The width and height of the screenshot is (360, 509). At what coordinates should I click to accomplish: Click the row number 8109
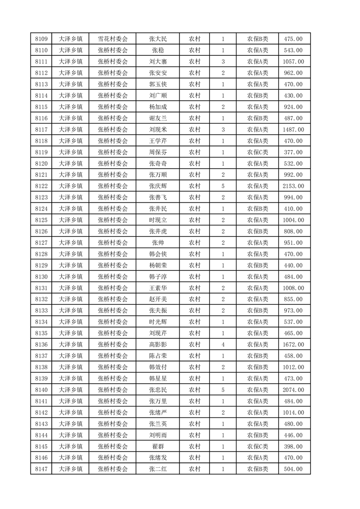(41, 39)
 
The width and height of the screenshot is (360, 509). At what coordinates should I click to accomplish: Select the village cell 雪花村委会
(113, 39)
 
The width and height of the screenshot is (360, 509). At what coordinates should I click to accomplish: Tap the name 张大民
(158, 39)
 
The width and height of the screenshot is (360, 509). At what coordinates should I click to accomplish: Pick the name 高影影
(158, 345)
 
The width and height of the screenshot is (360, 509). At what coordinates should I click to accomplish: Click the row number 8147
(41, 469)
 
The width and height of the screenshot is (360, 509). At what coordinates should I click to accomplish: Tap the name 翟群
(158, 446)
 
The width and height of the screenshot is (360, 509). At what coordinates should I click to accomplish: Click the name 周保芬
(158, 152)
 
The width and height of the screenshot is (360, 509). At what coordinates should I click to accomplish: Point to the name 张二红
(158, 469)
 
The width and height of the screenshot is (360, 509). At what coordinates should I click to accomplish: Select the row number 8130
(41, 277)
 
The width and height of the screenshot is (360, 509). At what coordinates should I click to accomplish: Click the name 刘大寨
(158, 62)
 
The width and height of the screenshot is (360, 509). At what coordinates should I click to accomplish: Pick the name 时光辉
(158, 322)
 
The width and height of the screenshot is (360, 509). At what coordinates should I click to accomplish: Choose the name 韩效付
(158, 367)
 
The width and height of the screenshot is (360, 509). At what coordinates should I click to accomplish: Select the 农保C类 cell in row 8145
(257, 446)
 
